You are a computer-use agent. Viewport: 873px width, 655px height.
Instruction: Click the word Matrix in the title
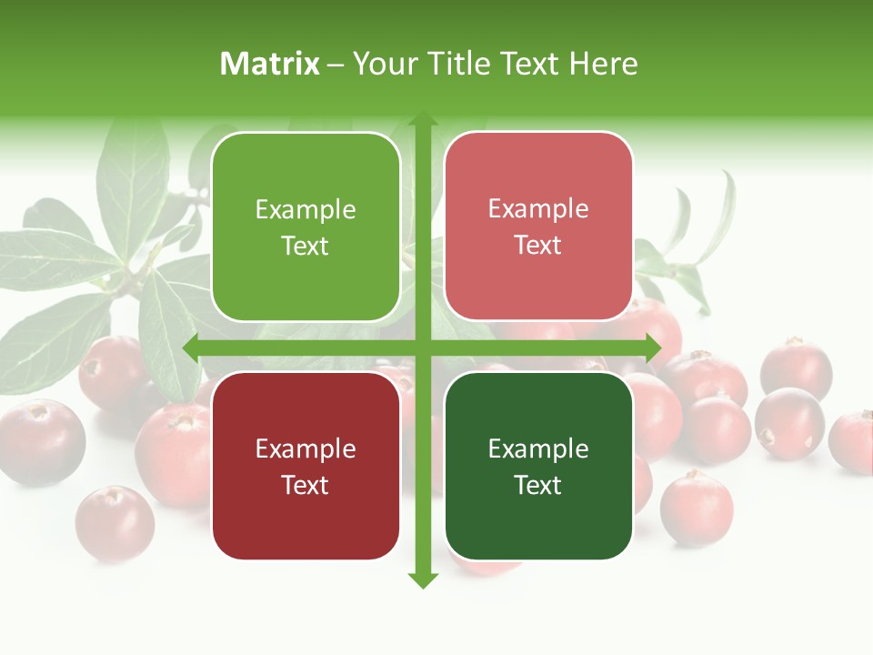270,64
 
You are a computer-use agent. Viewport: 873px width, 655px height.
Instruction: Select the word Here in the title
603,64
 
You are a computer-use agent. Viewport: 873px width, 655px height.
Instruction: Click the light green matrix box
306,227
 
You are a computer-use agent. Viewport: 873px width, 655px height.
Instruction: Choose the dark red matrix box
306,466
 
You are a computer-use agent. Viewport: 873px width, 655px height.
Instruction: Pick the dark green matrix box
538,466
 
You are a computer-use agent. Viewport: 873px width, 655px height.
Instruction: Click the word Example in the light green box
306,209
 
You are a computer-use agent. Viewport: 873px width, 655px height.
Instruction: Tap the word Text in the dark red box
306,485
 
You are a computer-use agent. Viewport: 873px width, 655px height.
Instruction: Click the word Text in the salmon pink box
538,245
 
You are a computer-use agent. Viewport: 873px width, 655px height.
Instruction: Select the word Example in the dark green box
538,448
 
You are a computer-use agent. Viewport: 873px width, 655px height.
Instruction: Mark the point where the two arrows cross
422,348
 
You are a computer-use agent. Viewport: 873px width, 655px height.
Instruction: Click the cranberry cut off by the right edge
853,442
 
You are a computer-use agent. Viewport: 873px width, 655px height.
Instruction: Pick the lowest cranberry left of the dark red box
115,523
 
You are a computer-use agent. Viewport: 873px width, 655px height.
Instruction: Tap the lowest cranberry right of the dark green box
696,508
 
